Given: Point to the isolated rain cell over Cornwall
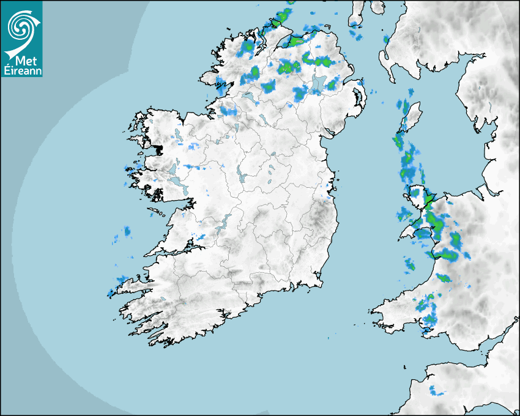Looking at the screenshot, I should coord(436,390).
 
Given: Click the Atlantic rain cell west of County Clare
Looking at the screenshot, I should coord(127,231).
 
